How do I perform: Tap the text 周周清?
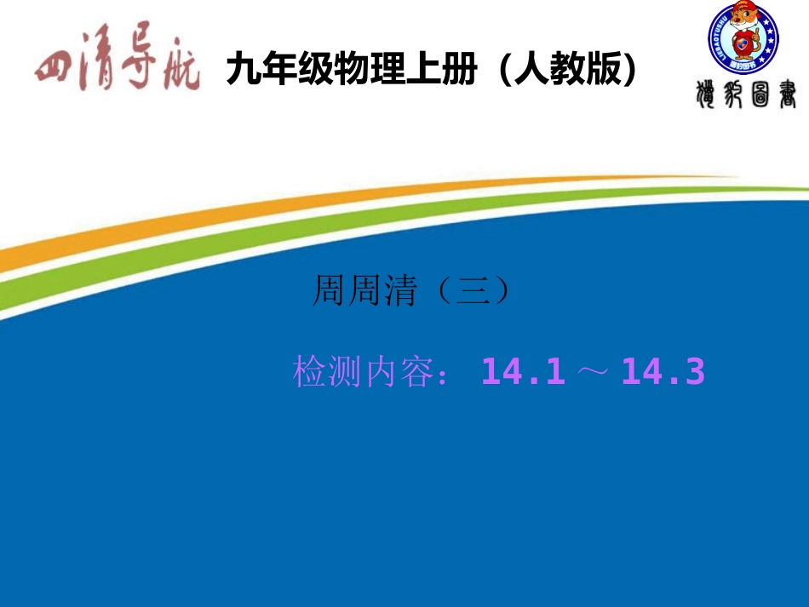tap(365, 291)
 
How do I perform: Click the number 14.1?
tap(523, 372)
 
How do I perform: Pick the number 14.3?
tap(663, 372)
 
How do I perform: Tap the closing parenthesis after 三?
tap(502, 291)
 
